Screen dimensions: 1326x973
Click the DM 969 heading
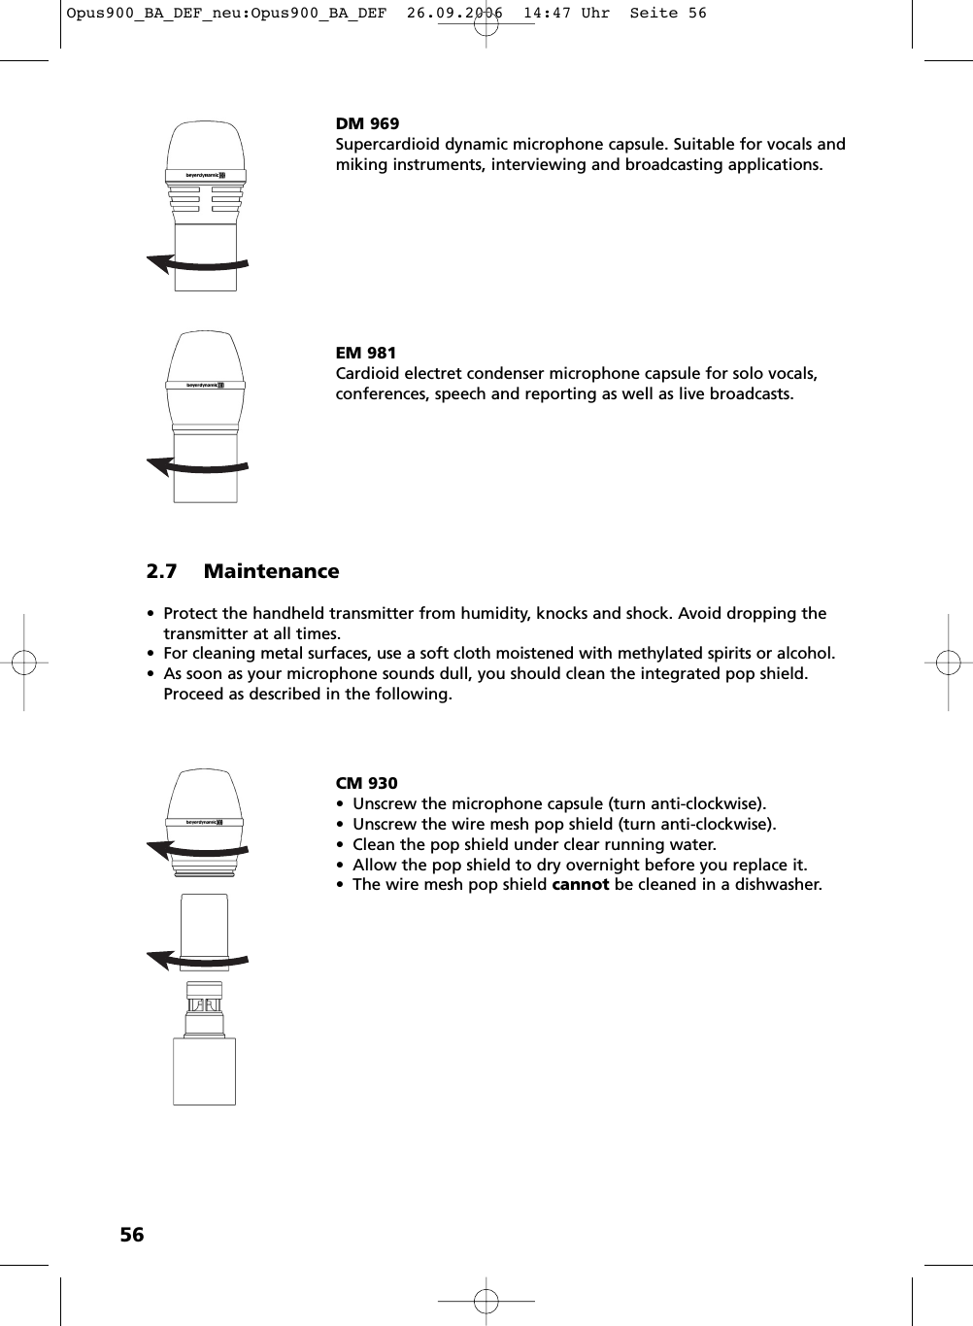(x=367, y=123)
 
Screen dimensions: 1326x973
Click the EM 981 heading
(x=366, y=353)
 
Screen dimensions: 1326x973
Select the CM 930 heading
(x=366, y=783)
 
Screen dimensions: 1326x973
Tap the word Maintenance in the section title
(x=271, y=571)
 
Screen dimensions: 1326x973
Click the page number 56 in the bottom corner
(x=131, y=1235)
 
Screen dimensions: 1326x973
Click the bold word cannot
(x=580, y=885)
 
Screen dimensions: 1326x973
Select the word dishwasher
(x=776, y=885)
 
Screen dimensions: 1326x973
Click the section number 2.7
(x=161, y=571)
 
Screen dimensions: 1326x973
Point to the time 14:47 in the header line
(x=547, y=14)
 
